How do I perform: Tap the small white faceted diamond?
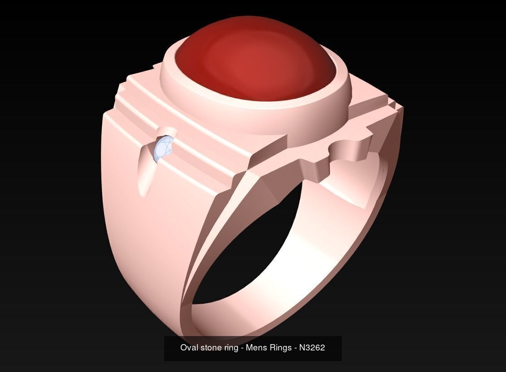[163, 149]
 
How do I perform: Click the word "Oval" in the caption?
[188, 348]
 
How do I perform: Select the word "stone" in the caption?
[210, 348]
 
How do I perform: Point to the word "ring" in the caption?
[231, 348]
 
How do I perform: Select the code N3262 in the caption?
[312, 348]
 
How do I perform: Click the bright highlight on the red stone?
[244, 58]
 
